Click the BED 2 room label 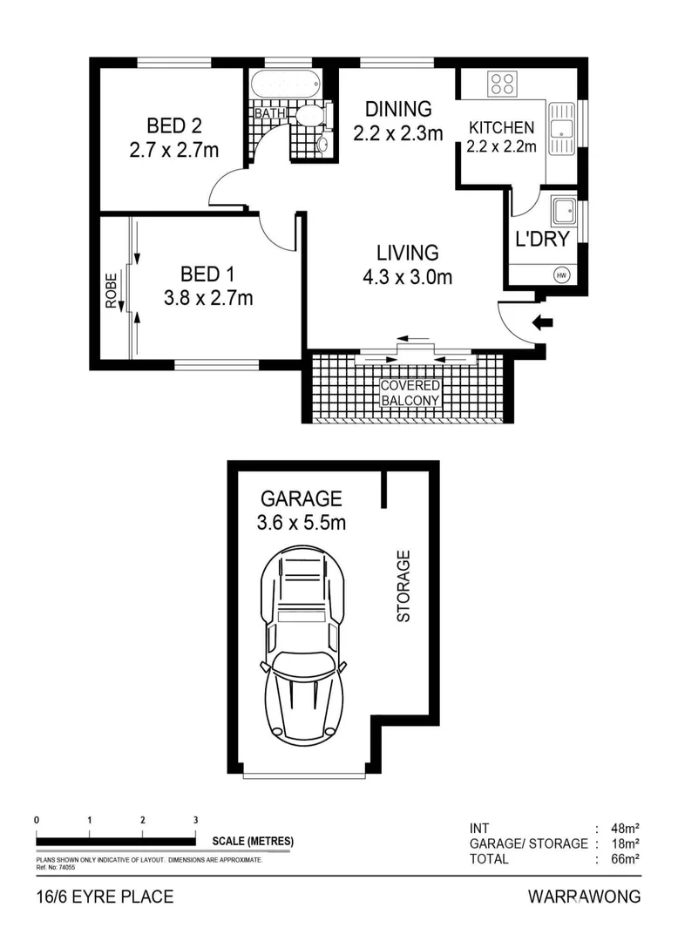[173, 125]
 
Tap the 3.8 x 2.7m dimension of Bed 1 [208, 299]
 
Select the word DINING [398, 109]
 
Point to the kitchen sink [560, 127]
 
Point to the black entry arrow [542, 322]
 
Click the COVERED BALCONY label [410, 393]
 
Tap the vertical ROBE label [112, 292]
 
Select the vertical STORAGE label [403, 586]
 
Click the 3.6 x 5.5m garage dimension [302, 523]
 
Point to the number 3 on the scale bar [195, 820]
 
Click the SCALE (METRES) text [253, 842]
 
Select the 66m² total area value [625, 859]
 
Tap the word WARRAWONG [584, 897]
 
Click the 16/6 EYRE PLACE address [105, 897]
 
